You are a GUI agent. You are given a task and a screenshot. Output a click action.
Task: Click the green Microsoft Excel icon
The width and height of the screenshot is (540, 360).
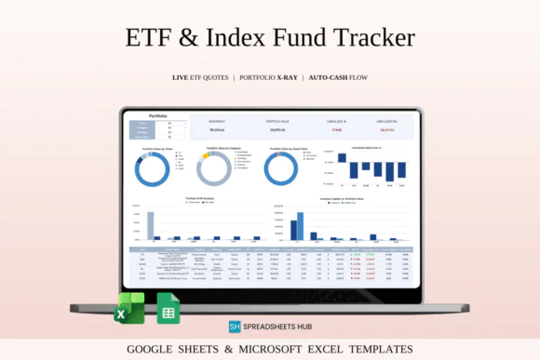coord(130,308)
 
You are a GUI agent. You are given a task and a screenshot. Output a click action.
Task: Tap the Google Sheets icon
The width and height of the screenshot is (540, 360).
coord(169,309)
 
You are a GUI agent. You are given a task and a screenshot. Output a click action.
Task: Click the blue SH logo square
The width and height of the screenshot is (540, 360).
coord(236,327)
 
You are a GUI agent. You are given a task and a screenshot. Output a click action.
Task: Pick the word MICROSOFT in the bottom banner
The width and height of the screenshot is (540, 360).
coord(294,350)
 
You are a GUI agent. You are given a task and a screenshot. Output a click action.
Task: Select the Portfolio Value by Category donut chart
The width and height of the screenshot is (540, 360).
coord(213,169)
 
